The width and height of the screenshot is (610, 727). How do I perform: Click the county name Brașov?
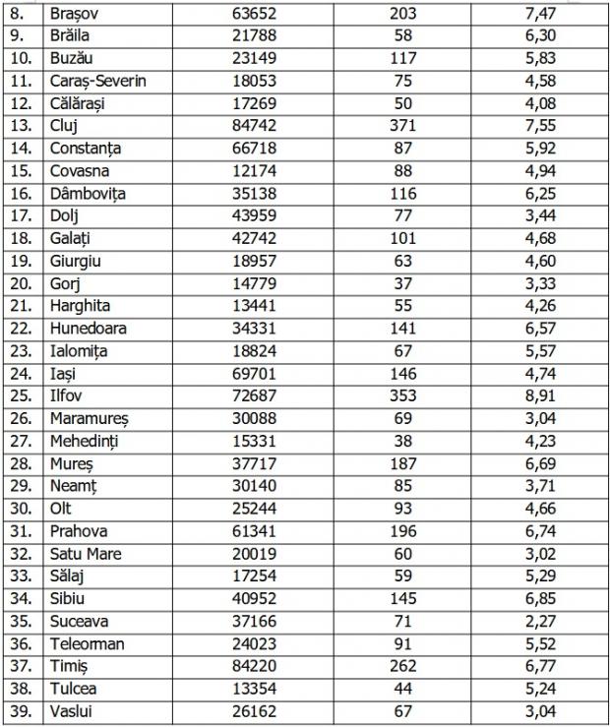click(77, 13)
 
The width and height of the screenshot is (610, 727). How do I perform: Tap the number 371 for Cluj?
click(402, 126)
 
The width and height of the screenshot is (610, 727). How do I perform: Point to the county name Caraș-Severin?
click(97, 81)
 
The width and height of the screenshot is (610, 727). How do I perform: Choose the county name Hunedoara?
click(88, 329)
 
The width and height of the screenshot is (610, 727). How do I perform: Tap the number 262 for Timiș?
click(402, 667)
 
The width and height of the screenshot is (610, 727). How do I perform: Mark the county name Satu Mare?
click(86, 554)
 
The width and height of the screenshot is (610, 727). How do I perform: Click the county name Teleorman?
click(87, 644)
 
